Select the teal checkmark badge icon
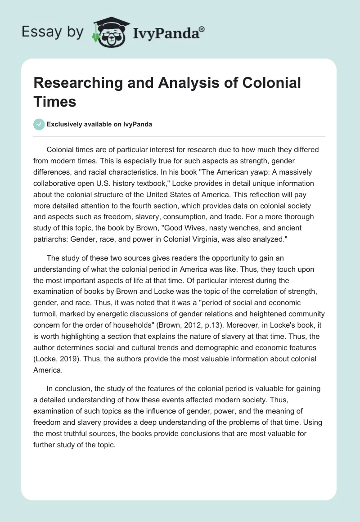[40, 124]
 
